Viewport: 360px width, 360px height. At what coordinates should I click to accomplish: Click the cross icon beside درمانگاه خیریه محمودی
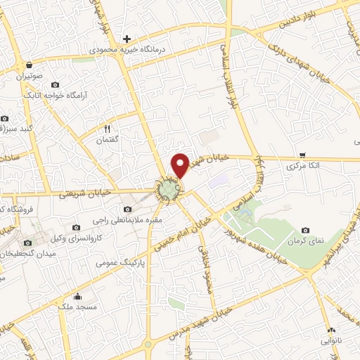point(127,38)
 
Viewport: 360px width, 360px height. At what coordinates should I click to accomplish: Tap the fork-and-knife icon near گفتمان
point(108,129)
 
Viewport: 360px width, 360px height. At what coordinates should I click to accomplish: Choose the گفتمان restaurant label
point(108,141)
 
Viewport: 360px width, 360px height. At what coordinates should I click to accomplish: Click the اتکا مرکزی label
point(302,167)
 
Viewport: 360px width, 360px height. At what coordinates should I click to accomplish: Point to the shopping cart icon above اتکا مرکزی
point(302,155)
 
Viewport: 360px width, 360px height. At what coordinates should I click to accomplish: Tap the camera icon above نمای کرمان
point(305,230)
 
